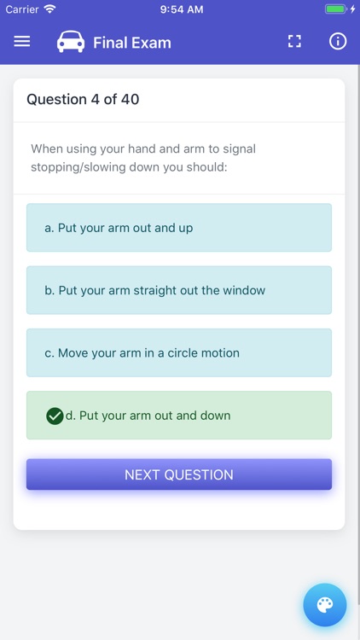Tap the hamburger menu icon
(22, 41)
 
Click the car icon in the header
(71, 42)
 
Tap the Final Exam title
(131, 42)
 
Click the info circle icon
(338, 41)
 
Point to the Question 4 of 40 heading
(83, 99)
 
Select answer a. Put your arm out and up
(179, 228)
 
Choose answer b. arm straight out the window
(179, 290)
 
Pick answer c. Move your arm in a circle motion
(179, 352)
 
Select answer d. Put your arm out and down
(179, 416)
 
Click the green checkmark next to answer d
(55, 416)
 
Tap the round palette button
(325, 605)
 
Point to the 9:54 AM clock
(180, 9)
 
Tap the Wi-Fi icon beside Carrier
(49, 9)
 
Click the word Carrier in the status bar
(21, 9)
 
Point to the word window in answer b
(244, 290)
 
